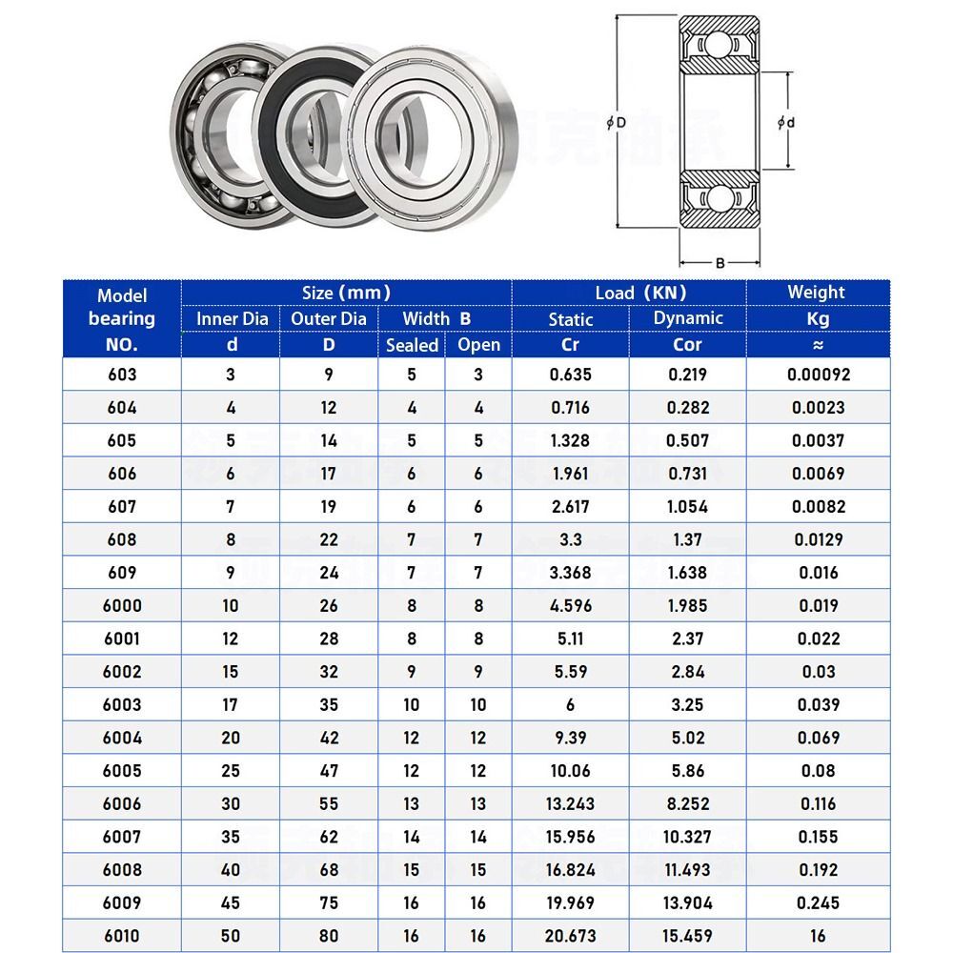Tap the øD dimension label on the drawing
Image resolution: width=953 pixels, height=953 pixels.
click(618, 123)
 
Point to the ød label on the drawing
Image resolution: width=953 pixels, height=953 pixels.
click(786, 122)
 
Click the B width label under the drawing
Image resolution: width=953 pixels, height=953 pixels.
click(720, 262)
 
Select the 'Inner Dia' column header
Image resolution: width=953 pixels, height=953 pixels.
click(232, 318)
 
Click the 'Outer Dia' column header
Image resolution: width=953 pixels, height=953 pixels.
click(328, 318)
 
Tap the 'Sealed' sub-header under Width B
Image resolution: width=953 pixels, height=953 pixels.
click(412, 345)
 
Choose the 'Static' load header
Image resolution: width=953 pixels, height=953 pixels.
click(570, 319)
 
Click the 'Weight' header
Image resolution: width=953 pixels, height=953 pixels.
click(816, 293)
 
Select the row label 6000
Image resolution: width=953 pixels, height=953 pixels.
click(122, 606)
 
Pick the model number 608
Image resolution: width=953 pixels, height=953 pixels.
click(122, 539)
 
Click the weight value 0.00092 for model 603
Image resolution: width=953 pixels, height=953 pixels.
click(818, 375)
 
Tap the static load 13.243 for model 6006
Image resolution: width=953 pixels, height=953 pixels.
click(570, 803)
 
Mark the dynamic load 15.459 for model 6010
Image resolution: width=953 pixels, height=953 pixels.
click(687, 936)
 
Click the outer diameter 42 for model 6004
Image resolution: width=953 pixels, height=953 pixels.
click(328, 738)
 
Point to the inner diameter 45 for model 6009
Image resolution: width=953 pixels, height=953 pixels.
click(231, 902)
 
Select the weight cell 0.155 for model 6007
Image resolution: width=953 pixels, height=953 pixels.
click(818, 837)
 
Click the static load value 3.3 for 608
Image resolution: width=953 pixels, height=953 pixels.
click(570, 539)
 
